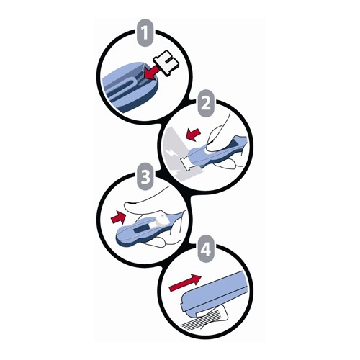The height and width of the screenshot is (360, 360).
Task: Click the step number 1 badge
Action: click(146, 34)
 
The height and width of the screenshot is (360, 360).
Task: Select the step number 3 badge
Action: click(145, 176)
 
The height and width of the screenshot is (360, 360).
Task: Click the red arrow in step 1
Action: click(153, 72)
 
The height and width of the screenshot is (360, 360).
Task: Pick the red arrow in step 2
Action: click(194, 134)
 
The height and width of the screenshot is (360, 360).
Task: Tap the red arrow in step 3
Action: click(118, 217)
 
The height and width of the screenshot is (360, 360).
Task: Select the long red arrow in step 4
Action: click(185, 283)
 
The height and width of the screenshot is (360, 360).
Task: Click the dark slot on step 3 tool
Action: click(141, 229)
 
